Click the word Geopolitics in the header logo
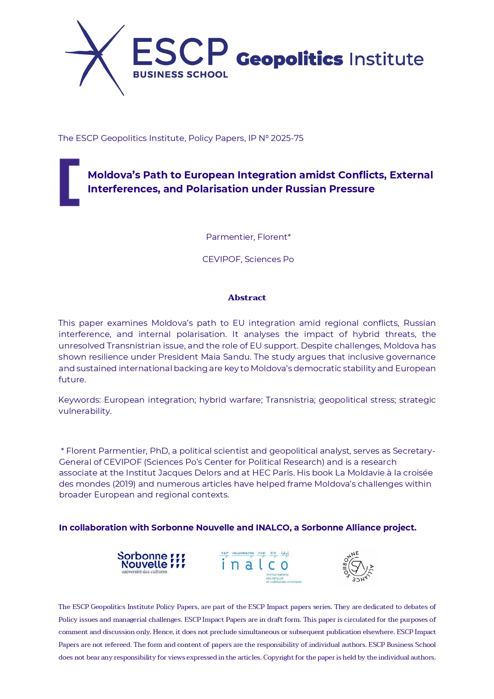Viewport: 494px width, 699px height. click(x=289, y=59)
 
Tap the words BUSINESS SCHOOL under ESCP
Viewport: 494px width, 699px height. click(x=180, y=74)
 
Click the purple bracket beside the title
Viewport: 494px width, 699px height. click(x=69, y=182)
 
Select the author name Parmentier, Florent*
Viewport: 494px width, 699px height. click(x=248, y=237)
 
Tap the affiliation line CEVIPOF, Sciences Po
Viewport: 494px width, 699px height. click(x=248, y=259)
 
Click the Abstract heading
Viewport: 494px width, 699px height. click(x=247, y=298)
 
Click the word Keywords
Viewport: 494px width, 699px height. click(x=79, y=400)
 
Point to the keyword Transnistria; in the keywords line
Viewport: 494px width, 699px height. click(x=290, y=400)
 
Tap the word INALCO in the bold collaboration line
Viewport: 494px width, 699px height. click(x=272, y=528)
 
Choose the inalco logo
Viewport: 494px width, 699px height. click(x=261, y=567)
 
